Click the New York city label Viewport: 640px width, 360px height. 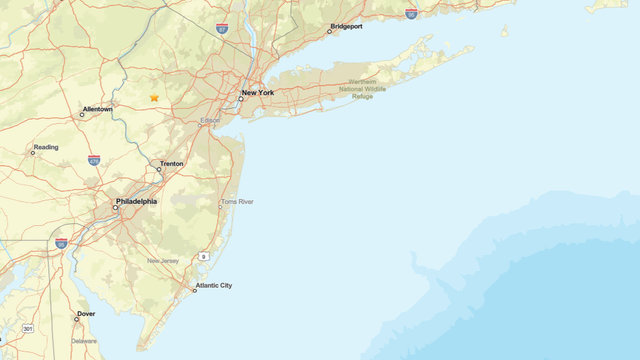[x=258, y=92]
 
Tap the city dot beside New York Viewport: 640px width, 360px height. [x=241, y=99]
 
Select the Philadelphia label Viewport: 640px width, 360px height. [x=137, y=201]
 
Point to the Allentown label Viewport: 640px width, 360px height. [x=98, y=109]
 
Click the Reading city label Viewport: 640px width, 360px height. [x=46, y=147]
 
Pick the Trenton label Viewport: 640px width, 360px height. [x=171, y=163]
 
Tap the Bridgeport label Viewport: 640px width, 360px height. [x=346, y=27]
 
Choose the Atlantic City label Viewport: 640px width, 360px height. [x=214, y=286]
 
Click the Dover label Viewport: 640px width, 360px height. [x=86, y=314]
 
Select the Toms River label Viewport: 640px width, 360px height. [x=237, y=202]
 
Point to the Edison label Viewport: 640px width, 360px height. [x=210, y=120]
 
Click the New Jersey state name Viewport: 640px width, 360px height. [x=163, y=261]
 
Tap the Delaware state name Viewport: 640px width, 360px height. [x=84, y=341]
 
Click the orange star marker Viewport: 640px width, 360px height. [x=154, y=98]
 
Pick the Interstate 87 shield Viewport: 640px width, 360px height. [x=221, y=29]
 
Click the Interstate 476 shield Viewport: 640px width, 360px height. [x=94, y=159]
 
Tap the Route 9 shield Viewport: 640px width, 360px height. [x=203, y=257]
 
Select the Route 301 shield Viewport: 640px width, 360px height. [x=28, y=328]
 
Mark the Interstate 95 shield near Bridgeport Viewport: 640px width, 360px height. [x=411, y=14]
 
